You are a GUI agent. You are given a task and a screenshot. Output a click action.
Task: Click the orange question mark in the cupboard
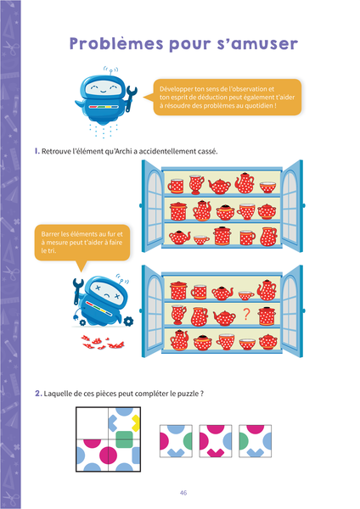[246, 314]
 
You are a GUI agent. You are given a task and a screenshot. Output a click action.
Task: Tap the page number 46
[183, 493]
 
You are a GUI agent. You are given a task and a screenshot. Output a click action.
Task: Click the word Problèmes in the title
[116, 44]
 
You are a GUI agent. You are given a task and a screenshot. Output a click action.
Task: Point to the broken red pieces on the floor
[102, 342]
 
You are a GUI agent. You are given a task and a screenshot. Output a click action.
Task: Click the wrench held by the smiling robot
[131, 98]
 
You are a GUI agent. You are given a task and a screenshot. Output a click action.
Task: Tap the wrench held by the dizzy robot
[77, 290]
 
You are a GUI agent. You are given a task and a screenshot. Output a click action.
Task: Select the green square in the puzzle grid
[124, 439]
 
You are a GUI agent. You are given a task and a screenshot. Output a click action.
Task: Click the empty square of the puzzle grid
[93, 423]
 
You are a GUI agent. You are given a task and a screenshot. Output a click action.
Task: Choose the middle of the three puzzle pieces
[216, 441]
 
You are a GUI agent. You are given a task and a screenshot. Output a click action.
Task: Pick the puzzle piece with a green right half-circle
[176, 441]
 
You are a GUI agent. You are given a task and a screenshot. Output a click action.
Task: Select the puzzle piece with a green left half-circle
[255, 441]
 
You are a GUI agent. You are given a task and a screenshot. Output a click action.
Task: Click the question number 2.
[38, 394]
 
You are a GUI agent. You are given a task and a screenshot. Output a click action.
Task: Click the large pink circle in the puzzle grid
[108, 455]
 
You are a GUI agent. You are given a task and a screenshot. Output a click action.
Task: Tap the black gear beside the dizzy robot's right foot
[129, 322]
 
